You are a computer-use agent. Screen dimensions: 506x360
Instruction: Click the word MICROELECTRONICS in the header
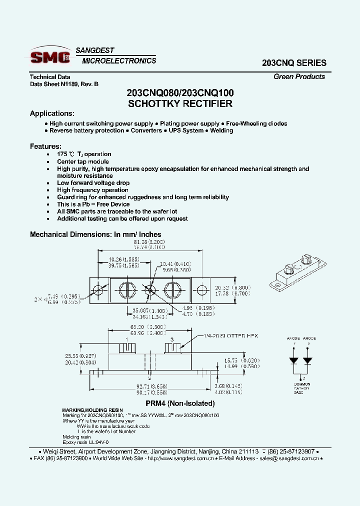tap(119, 61)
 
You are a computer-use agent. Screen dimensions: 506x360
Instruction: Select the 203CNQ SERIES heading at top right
tap(294, 63)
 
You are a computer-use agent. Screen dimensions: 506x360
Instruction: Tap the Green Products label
tap(299, 76)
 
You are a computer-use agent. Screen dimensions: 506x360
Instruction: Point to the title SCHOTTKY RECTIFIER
tap(180, 104)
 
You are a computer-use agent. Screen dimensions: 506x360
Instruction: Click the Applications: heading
tap(52, 113)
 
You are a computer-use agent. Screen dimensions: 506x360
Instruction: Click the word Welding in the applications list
tap(221, 130)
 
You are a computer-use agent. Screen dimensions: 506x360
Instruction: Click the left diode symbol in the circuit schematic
tap(294, 359)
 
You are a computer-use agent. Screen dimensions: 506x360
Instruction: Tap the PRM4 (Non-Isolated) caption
tap(180, 403)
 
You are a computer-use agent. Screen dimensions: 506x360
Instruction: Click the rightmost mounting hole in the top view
tap(202, 290)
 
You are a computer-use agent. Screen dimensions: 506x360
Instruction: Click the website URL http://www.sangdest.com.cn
tap(182, 458)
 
